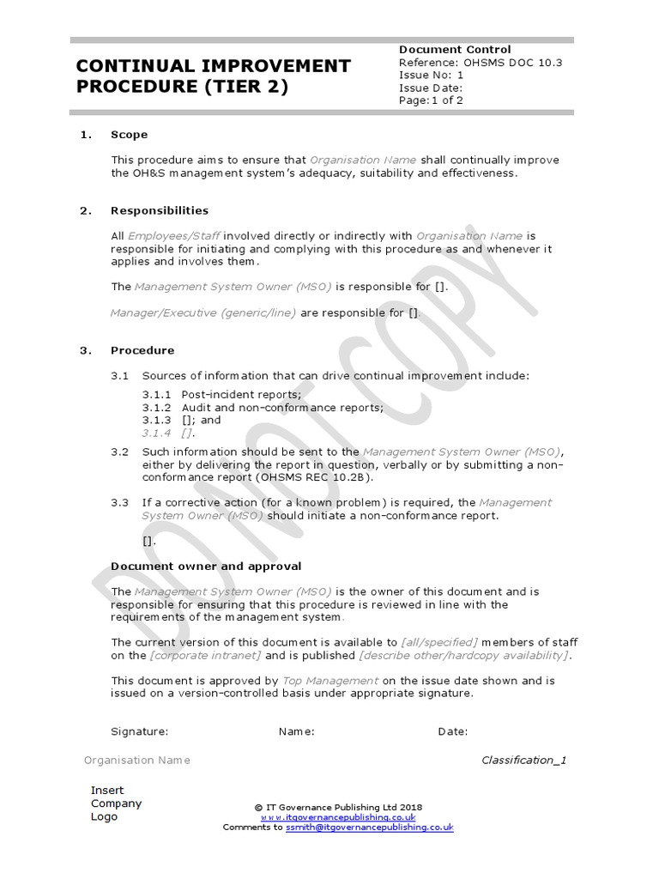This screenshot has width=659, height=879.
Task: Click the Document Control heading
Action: click(455, 50)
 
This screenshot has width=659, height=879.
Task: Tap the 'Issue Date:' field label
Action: click(431, 88)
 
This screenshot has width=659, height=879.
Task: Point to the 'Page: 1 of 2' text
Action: click(431, 100)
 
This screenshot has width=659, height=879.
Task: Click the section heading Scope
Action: click(129, 135)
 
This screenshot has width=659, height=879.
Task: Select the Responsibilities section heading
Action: click(160, 210)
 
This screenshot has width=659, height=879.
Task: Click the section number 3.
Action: click(85, 350)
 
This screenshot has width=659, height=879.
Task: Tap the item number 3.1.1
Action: click(157, 395)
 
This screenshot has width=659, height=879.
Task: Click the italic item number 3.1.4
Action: click(157, 433)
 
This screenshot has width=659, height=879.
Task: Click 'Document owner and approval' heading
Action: click(206, 567)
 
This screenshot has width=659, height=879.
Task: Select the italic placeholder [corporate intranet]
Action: click(206, 656)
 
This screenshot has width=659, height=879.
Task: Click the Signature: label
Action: click(140, 731)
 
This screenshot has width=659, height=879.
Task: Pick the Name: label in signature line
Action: click(297, 731)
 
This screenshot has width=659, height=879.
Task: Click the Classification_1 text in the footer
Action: click(523, 760)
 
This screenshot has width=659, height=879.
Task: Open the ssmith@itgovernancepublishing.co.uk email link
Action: click(369, 827)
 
